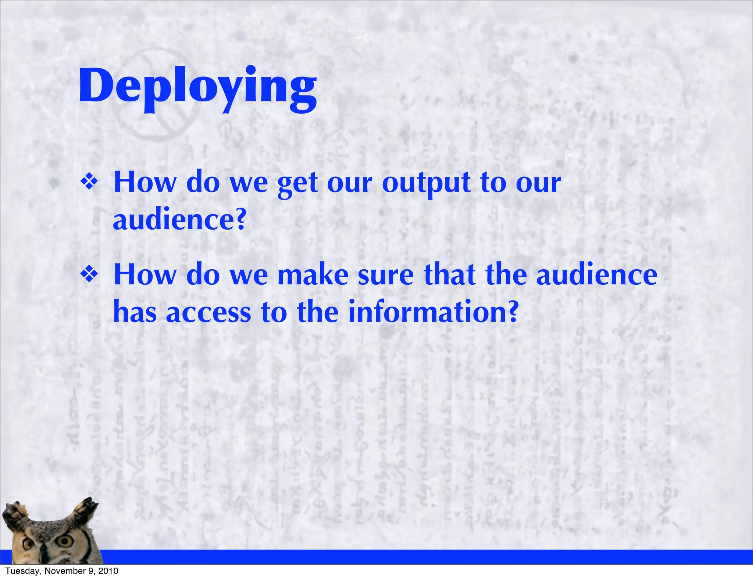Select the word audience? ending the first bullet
click(x=179, y=220)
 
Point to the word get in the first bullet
click(x=297, y=184)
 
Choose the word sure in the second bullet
click(x=386, y=276)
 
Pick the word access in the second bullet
click(x=208, y=313)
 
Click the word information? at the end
click(x=433, y=312)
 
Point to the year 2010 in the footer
click(x=108, y=571)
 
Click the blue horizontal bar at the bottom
click(x=404, y=557)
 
